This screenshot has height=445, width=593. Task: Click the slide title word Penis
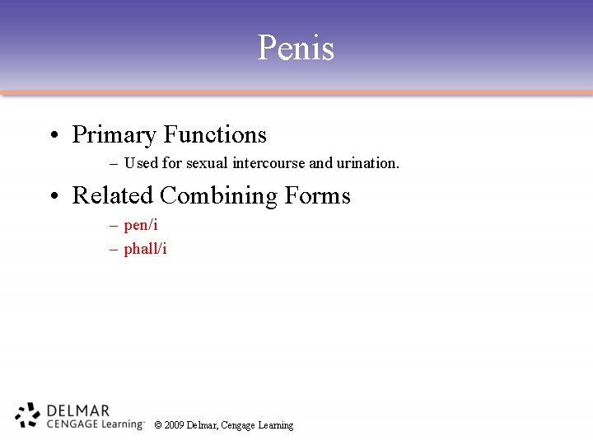pyautogui.click(x=296, y=48)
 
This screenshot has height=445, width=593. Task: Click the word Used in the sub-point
pyautogui.click(x=140, y=163)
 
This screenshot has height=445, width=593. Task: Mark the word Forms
pyautogui.click(x=318, y=195)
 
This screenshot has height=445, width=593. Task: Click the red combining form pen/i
pyautogui.click(x=141, y=225)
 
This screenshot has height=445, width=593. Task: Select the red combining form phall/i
pyautogui.click(x=145, y=248)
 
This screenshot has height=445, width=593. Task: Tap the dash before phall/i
pyautogui.click(x=113, y=249)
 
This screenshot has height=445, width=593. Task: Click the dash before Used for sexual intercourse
pyautogui.click(x=113, y=164)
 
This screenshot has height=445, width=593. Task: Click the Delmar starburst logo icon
pyautogui.click(x=27, y=415)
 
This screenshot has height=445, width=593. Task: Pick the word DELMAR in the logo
pyautogui.click(x=78, y=410)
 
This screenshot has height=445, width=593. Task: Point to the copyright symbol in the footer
pyautogui.click(x=158, y=425)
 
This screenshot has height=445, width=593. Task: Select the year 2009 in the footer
pyautogui.click(x=174, y=425)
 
